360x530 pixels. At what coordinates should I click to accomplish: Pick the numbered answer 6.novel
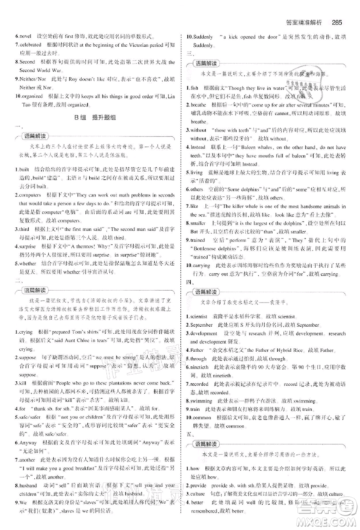coord(20,34)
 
